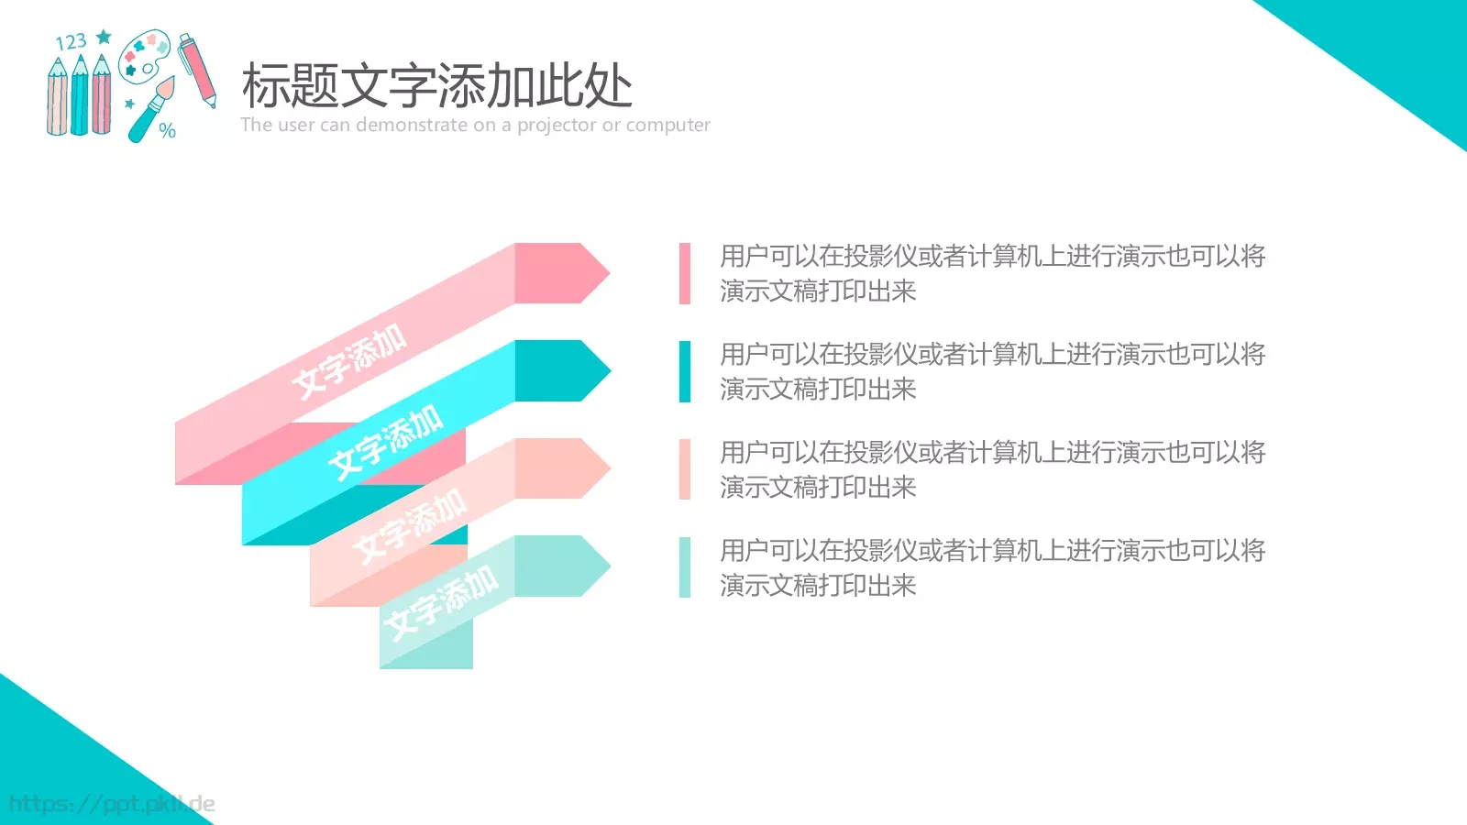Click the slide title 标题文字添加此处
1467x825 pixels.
[x=436, y=86]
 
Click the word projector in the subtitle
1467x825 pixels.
[x=557, y=126]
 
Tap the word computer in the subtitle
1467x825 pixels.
[x=668, y=126]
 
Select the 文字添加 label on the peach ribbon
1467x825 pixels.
[x=410, y=525]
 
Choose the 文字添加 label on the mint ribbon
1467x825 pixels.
[x=441, y=602]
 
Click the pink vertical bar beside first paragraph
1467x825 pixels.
[x=685, y=273]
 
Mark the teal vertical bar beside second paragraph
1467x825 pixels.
[x=685, y=371]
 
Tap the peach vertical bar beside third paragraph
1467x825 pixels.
[x=685, y=469]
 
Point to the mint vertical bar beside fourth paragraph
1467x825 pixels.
[x=685, y=567]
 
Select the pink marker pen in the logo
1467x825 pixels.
[x=197, y=69]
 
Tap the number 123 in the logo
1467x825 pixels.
[x=71, y=42]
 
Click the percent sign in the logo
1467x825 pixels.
[x=167, y=130]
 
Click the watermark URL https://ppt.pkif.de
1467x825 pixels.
[x=112, y=804]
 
